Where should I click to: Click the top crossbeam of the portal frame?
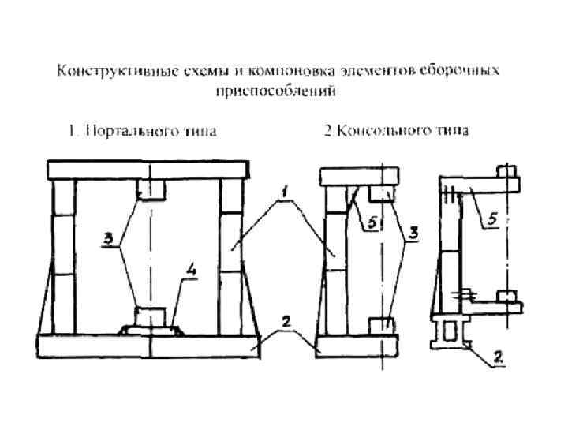pos(149,170)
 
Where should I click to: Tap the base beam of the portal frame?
pos(149,345)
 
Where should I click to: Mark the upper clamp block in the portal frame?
pos(150,189)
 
